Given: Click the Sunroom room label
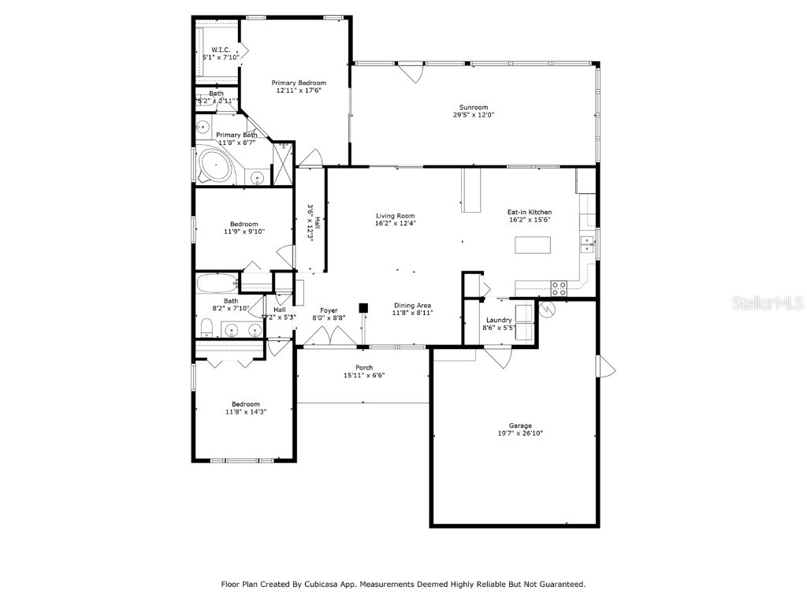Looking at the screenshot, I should [x=474, y=107].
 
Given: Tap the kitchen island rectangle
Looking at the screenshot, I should [x=532, y=245].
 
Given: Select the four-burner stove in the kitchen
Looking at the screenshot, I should [x=559, y=288].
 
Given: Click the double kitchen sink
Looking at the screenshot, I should [x=586, y=244].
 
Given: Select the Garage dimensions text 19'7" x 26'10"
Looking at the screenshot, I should [x=520, y=433].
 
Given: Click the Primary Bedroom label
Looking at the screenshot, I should [x=299, y=83].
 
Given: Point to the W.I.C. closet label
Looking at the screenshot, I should [x=221, y=50].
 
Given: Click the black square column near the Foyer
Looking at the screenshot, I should [x=363, y=308].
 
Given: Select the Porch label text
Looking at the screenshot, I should [x=364, y=367].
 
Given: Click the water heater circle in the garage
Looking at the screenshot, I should [x=547, y=310].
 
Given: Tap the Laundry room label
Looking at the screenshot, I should [x=498, y=320].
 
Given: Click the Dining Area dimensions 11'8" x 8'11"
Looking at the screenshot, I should [x=413, y=313].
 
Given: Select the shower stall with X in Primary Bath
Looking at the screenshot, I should [x=283, y=163].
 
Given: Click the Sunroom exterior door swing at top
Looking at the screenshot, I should [x=408, y=72].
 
